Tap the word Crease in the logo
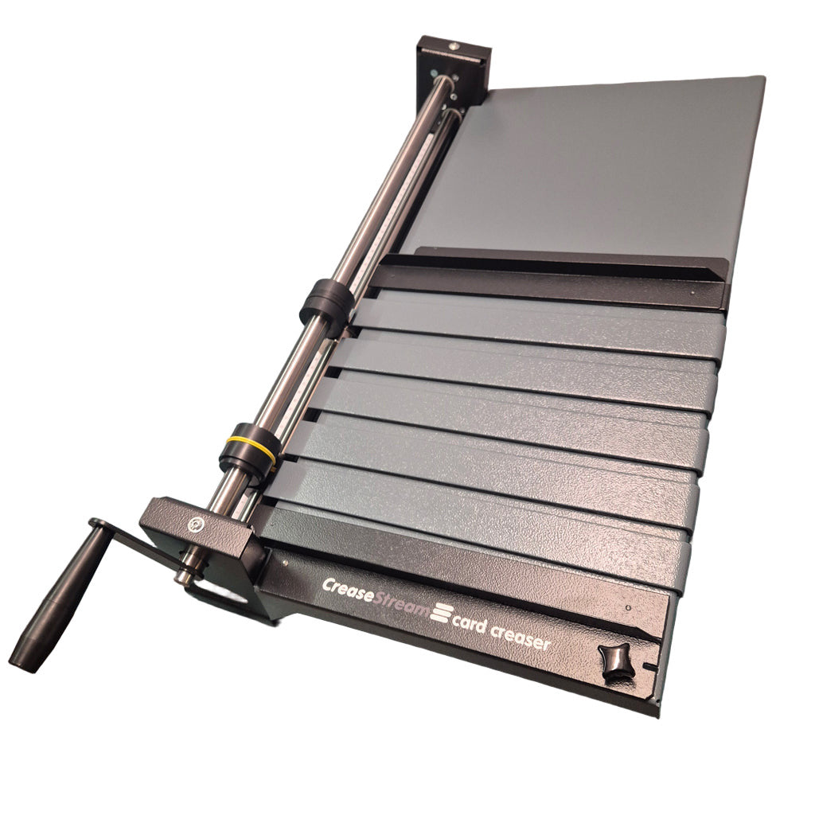click(x=347, y=590)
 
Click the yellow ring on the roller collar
click(x=249, y=445)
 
